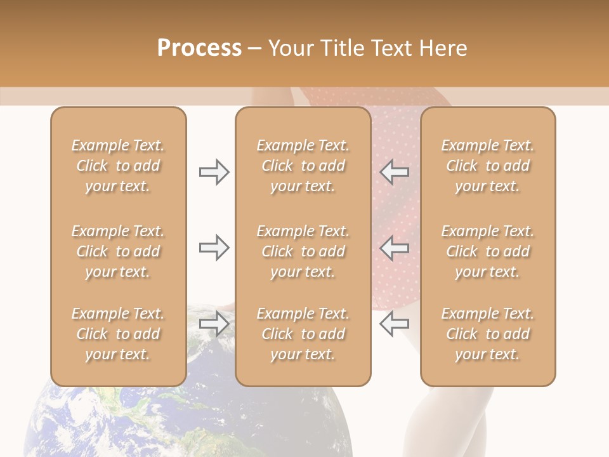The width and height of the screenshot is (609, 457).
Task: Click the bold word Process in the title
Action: (199, 48)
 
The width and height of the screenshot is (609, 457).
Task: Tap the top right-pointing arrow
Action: (214, 172)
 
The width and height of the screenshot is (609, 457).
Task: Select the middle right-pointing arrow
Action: (214, 248)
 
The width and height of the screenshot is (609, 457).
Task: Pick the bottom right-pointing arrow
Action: (214, 324)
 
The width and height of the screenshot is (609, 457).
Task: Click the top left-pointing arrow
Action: (394, 172)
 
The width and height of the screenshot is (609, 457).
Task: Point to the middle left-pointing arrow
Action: (394, 248)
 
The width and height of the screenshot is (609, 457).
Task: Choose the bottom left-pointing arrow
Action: (394, 324)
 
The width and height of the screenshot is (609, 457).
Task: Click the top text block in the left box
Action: (118, 166)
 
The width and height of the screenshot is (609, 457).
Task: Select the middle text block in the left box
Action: (118, 251)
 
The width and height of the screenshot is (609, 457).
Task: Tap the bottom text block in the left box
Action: (118, 334)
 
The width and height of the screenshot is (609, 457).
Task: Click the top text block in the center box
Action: (303, 166)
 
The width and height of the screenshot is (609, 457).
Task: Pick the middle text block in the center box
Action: (303, 251)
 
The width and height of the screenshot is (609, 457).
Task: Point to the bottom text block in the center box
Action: (303, 334)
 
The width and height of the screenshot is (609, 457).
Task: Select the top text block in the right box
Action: (488, 166)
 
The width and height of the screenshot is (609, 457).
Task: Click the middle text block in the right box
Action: (488, 251)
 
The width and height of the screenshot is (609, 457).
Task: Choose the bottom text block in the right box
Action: (488, 334)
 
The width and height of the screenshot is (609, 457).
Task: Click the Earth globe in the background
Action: (190, 419)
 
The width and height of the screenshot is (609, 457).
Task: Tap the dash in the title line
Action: (255, 49)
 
